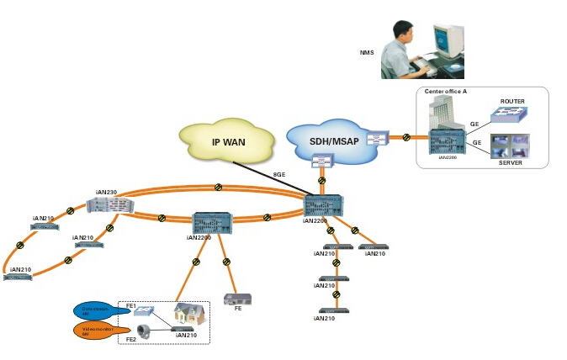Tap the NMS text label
[x=367, y=53]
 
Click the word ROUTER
[x=511, y=102]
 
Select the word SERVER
[x=511, y=162]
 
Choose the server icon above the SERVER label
[x=511, y=145]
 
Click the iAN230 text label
[x=106, y=193]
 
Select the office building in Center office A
[x=441, y=113]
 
